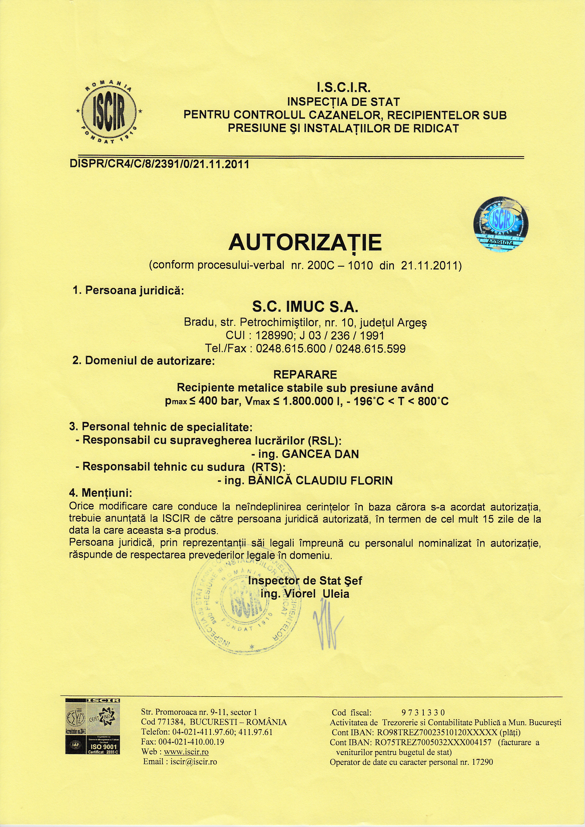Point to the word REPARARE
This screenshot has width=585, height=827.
[x=305, y=375]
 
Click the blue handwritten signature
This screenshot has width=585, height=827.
[x=328, y=632]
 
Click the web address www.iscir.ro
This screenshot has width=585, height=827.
[x=186, y=752]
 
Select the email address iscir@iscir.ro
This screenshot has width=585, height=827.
[x=194, y=761]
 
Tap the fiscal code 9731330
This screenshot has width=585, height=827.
[x=423, y=712]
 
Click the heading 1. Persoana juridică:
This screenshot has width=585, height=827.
[x=128, y=291]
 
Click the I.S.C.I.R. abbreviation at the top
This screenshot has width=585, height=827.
[x=343, y=87]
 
